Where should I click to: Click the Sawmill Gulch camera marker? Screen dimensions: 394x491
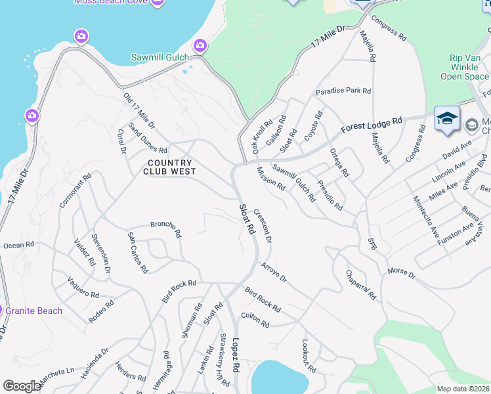(x=200, y=46)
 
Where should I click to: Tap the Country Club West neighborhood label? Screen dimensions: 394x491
(x=170, y=167)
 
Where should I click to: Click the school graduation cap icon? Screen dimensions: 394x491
(x=447, y=118)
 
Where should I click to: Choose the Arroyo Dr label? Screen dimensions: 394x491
(x=274, y=273)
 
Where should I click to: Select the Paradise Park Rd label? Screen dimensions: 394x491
(x=343, y=91)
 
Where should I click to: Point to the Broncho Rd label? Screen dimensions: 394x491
(x=165, y=227)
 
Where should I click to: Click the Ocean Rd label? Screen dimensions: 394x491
(x=18, y=245)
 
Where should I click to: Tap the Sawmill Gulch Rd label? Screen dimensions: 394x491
(x=294, y=182)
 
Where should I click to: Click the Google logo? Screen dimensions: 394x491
(x=22, y=386)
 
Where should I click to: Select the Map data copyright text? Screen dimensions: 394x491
(x=463, y=389)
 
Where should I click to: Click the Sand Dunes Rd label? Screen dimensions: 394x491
(x=148, y=137)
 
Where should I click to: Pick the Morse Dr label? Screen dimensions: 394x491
(x=401, y=272)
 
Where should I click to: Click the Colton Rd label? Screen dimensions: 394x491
(x=255, y=320)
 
